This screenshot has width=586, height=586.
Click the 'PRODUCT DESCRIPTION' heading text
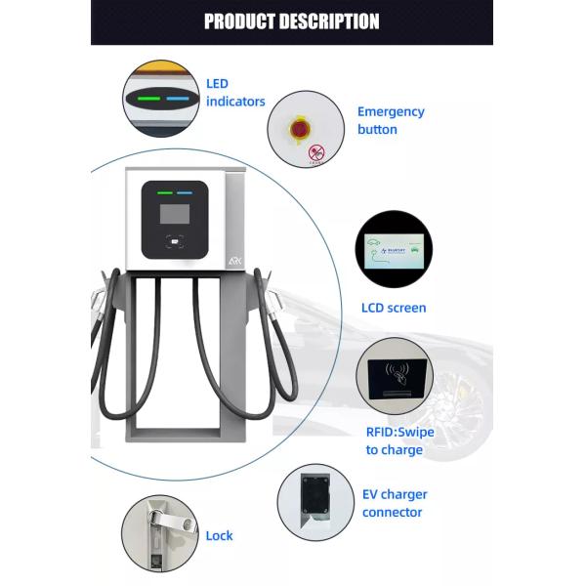[x=291, y=21]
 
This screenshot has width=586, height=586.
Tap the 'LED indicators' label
[x=235, y=93]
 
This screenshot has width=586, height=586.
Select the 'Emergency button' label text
[x=391, y=120]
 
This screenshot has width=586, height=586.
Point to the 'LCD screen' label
[x=394, y=308]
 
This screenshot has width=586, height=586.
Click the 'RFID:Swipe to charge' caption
[x=399, y=441]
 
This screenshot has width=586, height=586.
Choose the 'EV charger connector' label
[x=395, y=503]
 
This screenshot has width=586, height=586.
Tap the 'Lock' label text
[x=219, y=536]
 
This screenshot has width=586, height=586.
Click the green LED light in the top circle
[x=148, y=98]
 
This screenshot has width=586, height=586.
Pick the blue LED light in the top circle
[x=177, y=98]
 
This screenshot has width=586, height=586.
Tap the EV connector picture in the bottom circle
[x=315, y=501]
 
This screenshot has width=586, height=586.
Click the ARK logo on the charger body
[x=235, y=263]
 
